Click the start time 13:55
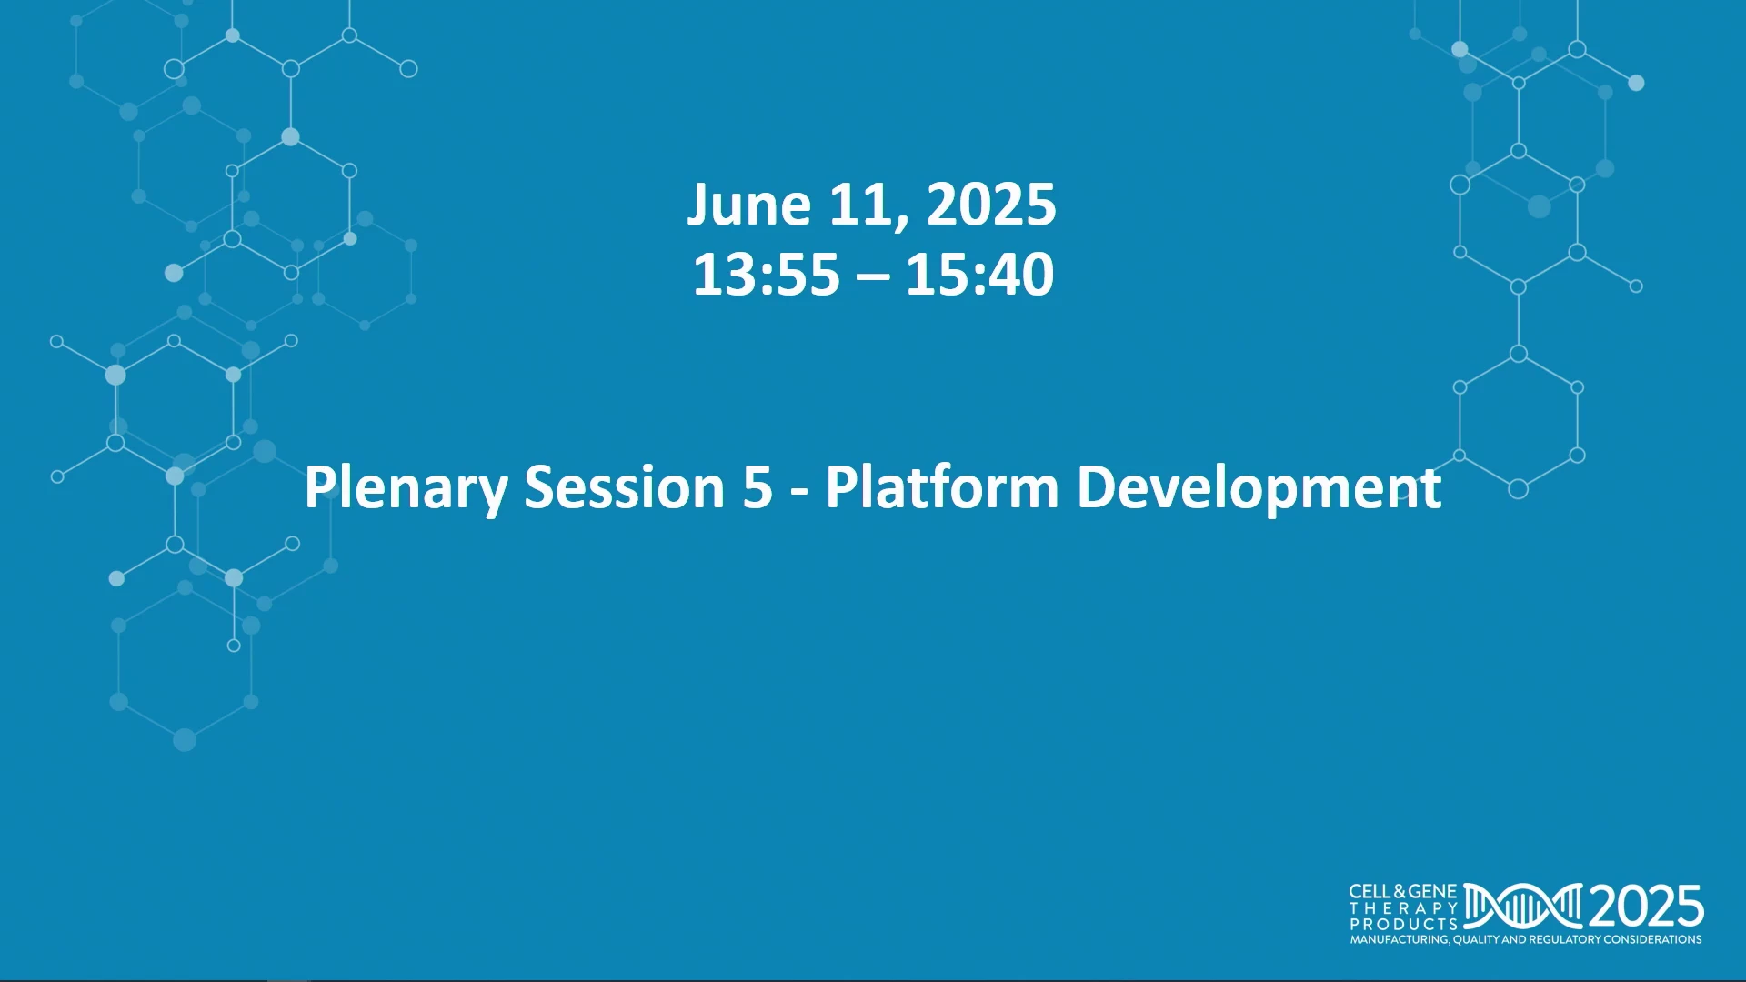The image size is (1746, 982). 767,274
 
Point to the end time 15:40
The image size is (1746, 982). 980,274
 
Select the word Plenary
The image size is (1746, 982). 406,487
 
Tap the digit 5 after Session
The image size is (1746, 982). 758,486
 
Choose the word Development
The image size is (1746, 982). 1259,487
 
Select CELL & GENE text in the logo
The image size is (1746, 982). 1403,892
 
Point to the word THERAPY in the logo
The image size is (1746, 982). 1403,908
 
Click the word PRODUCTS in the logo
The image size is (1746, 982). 1403,924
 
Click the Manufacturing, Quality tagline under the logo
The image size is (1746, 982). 1526,939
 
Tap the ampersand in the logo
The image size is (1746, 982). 1400,892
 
